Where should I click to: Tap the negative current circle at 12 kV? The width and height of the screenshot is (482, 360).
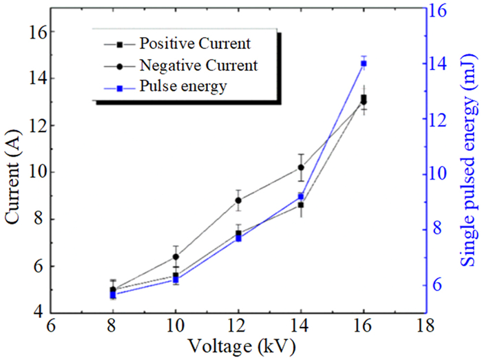(238, 200)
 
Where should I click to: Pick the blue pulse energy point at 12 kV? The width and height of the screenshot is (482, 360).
(238, 238)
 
